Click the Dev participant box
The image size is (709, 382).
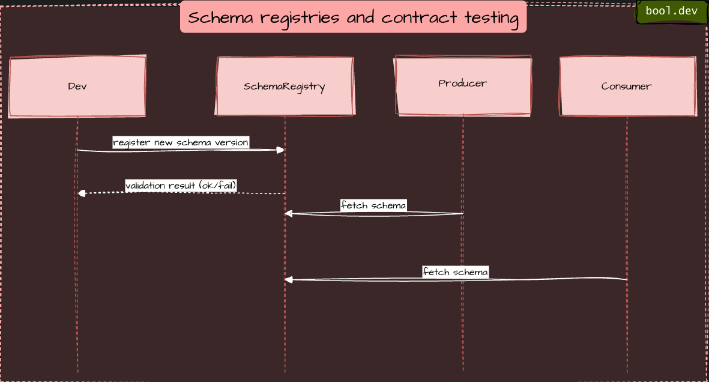(77, 86)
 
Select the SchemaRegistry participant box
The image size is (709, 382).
(285, 86)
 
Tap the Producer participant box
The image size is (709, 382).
(462, 84)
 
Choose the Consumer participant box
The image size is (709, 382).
(627, 86)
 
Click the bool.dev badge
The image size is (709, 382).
(671, 11)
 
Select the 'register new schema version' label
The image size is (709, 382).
(181, 142)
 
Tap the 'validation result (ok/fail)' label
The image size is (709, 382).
(181, 186)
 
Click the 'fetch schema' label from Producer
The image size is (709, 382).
(373, 205)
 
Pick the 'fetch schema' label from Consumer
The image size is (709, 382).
(455, 272)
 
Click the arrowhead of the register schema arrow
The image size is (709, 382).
(280, 150)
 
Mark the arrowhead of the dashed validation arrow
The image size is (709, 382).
(82, 193)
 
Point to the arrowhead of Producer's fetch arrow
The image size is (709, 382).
(289, 213)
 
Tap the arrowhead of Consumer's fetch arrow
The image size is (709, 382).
(289, 280)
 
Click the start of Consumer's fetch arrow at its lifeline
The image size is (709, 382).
(626, 279)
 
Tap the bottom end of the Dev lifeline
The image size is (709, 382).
(77, 372)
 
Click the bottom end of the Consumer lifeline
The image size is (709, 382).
(627, 372)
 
